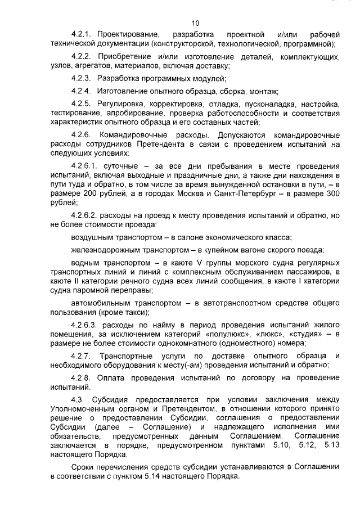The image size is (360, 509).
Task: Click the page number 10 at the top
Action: (195, 23)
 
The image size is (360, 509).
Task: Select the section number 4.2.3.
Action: (82, 79)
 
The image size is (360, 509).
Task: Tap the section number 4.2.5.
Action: (82, 104)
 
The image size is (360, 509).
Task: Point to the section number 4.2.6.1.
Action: (85, 167)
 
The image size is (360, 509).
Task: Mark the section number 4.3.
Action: (78, 400)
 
